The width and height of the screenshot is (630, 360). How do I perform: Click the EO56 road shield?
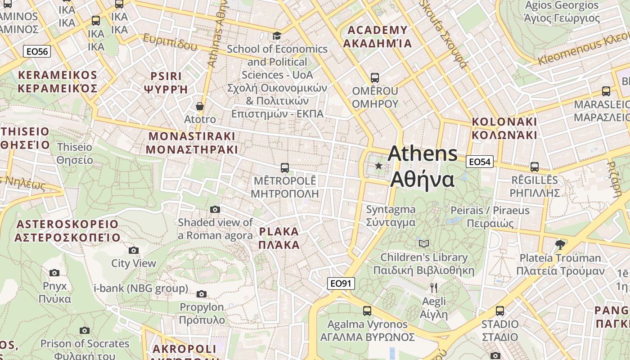click(x=37, y=51)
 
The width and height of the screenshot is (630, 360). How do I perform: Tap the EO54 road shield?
click(x=479, y=162)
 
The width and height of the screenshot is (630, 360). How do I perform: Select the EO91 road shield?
click(x=341, y=283)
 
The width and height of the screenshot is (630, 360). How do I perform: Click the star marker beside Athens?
click(x=379, y=166)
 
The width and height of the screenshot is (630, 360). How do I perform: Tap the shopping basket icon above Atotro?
click(x=200, y=107)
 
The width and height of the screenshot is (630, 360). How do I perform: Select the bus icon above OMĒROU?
click(x=374, y=77)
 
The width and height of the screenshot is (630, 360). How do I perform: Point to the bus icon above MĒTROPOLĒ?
click(x=284, y=168)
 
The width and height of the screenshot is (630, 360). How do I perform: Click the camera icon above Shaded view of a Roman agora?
click(x=215, y=209)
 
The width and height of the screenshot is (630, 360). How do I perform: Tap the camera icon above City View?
click(x=133, y=250)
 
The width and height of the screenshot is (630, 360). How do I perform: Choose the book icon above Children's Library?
click(x=423, y=243)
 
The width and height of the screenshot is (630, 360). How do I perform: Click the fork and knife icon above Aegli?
click(x=434, y=288)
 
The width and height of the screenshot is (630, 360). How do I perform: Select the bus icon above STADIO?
click(x=499, y=310)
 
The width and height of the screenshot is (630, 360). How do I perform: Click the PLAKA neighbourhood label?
click(x=279, y=238)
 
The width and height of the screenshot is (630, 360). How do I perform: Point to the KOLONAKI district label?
click(x=504, y=128)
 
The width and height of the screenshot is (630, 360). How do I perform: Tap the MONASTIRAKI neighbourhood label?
click(x=192, y=143)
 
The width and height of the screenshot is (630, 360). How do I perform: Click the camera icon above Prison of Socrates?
click(x=84, y=330)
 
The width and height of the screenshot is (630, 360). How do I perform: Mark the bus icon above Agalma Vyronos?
click(x=367, y=310)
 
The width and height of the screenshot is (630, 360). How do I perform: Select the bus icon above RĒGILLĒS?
click(x=534, y=166)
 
